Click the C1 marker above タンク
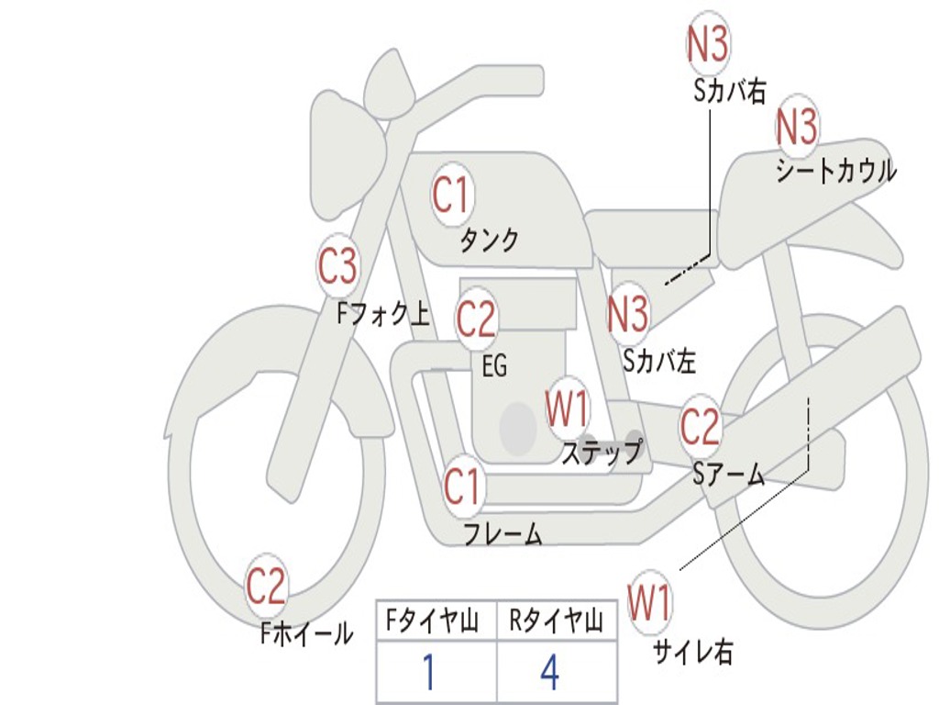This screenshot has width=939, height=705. click(x=450, y=195)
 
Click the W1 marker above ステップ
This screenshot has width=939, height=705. click(x=568, y=409)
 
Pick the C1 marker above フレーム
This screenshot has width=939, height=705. click(x=462, y=486)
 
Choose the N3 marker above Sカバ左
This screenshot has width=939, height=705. click(x=628, y=314)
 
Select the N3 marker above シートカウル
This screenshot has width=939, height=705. click(x=797, y=128)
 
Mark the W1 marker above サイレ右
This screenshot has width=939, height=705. click(x=649, y=603)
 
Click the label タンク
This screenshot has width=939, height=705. click(x=489, y=240)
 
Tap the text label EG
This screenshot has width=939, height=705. click(x=494, y=366)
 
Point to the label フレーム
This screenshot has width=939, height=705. click(x=503, y=533)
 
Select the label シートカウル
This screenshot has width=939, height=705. click(x=835, y=172)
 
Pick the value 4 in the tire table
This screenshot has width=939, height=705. click(x=549, y=673)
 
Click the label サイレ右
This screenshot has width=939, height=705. click(x=692, y=651)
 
